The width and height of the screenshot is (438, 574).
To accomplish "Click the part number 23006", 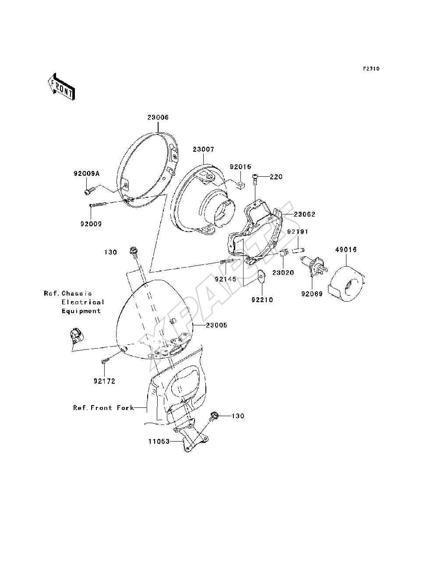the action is click(158, 118).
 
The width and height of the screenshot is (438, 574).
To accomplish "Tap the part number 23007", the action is click(204, 150).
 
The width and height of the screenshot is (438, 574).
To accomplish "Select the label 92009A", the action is click(86, 173).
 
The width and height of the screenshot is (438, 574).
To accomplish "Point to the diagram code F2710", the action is click(371, 69).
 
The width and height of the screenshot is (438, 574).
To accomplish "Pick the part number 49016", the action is click(346, 250).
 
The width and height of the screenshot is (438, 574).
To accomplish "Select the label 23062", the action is click(304, 214).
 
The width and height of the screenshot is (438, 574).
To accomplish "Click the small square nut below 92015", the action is click(240, 185).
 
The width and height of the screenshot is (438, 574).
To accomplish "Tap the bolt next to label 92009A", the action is click(88, 191).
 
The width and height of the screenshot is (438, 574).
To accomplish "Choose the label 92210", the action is click(262, 299).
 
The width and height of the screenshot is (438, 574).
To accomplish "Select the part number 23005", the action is click(216, 325).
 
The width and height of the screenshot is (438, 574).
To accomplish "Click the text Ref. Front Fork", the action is click(103, 408).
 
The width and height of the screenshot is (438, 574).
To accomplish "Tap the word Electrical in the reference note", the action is click(83, 302).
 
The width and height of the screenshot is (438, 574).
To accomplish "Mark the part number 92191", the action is click(297, 232).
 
